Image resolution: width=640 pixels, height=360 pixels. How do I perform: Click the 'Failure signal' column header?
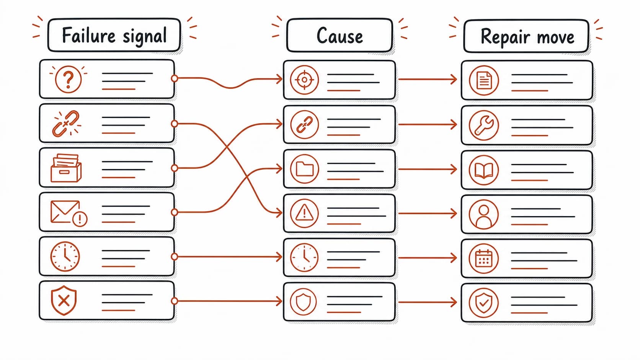114,35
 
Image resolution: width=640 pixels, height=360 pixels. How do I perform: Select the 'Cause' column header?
340,36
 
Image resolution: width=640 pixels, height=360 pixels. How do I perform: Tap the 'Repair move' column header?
526,36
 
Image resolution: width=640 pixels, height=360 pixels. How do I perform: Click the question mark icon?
68,79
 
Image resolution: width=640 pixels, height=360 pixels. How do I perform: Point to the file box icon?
66,168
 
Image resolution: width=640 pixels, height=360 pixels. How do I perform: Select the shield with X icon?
64,300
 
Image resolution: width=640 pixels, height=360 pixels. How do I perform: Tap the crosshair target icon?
304,80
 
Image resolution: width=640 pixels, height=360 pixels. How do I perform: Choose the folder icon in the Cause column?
304,169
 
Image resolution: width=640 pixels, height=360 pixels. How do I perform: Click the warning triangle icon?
304,213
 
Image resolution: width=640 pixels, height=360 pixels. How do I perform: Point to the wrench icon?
484,125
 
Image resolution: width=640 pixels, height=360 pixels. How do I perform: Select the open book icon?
484,170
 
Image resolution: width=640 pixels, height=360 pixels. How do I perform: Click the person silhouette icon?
484,214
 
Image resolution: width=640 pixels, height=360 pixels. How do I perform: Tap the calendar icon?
484,258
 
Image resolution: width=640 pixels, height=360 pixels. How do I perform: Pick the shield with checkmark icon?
484,303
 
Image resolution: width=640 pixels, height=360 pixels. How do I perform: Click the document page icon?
484,80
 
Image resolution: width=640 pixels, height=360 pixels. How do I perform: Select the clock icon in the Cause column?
304,257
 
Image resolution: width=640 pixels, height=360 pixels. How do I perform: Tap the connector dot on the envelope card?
174,212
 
